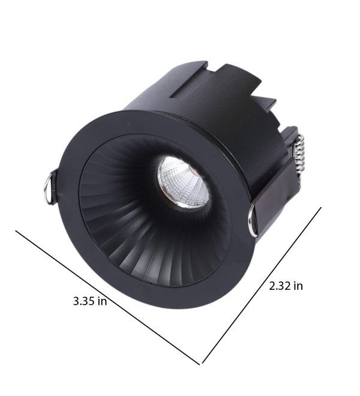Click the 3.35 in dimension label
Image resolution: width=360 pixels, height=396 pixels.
pos(90,301)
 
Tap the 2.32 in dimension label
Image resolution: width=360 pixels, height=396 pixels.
pos(286,286)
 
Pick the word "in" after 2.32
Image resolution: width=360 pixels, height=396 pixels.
pos(298,286)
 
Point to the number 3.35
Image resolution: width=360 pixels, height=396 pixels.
pos(83,301)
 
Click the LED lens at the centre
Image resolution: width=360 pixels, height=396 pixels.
pos(184,182)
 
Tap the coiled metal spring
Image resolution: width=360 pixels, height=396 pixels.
pos(301,156)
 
